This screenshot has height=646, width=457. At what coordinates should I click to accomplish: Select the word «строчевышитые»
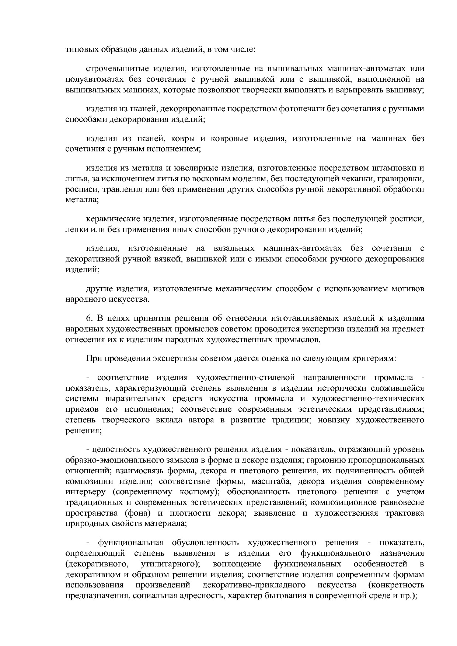112,69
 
